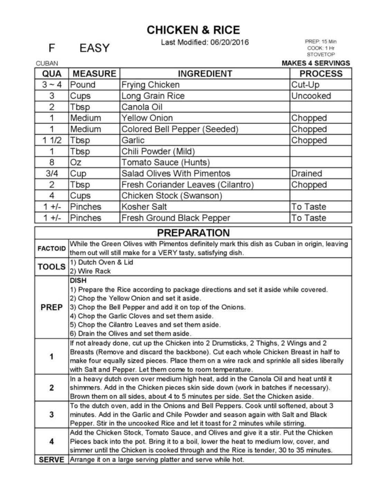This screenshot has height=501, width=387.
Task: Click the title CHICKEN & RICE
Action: pos(193,30)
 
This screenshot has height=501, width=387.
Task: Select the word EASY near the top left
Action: pos(94,48)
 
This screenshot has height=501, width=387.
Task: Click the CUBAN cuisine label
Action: pos(47,64)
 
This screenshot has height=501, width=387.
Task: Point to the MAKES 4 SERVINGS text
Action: pos(316,63)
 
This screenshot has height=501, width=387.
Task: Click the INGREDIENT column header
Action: pos(205,74)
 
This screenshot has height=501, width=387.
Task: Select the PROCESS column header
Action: pos(321,74)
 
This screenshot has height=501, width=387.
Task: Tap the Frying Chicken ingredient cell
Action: pos(151,85)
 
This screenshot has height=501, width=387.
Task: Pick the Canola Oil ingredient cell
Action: pos(142,107)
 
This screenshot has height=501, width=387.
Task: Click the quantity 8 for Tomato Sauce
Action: pos(52,162)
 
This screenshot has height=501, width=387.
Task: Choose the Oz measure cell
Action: pos(76,162)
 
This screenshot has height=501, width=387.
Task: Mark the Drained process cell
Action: pos(306,173)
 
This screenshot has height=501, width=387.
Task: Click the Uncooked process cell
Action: pos(311,96)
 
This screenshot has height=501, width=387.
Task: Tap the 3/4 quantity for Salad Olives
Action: pos(52,173)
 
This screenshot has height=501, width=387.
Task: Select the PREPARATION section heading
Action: pos(193,233)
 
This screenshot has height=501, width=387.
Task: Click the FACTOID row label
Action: pos(51,249)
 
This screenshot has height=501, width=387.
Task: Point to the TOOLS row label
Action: pos(51,267)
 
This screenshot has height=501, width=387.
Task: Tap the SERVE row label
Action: pos(51,460)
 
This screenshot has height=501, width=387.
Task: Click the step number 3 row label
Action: pos(51,415)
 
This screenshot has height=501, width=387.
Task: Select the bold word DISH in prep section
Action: pos(78,281)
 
